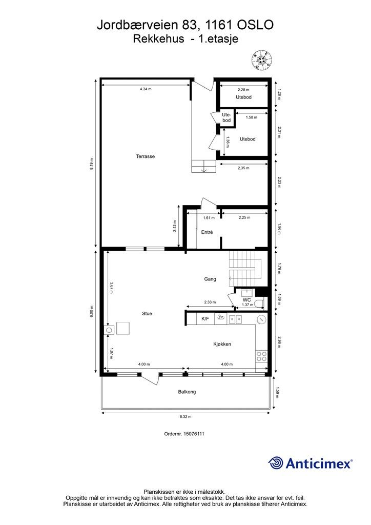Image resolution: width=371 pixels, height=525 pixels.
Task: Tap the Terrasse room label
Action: coord(146,156)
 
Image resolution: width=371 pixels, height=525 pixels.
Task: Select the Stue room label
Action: coord(147,313)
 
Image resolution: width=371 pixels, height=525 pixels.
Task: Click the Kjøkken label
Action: coord(222,344)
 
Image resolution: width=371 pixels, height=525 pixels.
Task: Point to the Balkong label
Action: coord(187,392)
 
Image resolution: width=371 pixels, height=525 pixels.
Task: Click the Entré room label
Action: coord(207,232)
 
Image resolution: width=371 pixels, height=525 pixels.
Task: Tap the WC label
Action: coord(246,300)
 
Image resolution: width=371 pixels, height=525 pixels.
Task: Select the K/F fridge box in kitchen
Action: coord(205,319)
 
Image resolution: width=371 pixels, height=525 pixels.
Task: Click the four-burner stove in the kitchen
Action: coord(262,355)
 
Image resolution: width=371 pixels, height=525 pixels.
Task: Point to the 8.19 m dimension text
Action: coord(92,163)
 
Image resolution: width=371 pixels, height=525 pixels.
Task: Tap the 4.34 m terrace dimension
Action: coord(146,89)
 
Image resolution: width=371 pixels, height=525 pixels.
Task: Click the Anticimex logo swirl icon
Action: coord(276,463)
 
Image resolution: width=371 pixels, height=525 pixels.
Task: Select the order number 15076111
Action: coord(184,434)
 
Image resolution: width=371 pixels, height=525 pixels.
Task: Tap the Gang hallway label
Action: coord(210,279)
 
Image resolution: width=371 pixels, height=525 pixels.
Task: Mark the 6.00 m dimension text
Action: coord(92,311)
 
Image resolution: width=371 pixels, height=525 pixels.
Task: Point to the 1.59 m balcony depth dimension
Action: coord(279,393)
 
